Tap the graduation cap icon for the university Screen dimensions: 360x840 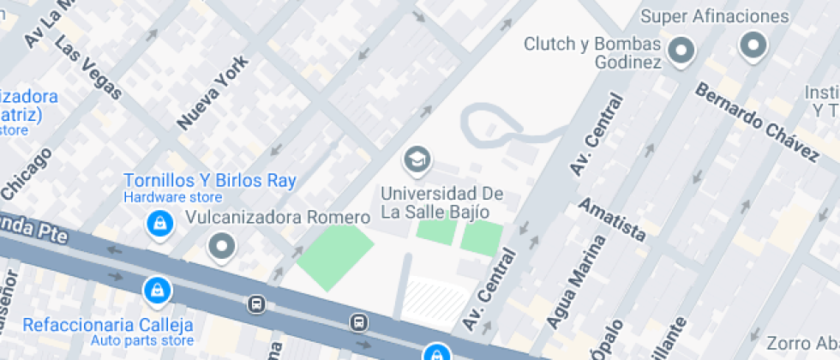[417, 159]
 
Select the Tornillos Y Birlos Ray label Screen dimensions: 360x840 [210, 181]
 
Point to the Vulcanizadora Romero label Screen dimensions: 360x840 [278, 217]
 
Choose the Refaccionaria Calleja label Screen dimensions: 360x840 [108, 325]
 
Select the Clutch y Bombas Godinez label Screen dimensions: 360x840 [593, 52]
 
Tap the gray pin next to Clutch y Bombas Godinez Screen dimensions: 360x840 [682, 51]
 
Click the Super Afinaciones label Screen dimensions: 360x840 [714, 16]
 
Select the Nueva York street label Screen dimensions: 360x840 [213, 93]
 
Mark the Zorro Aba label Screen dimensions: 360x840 [802, 344]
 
